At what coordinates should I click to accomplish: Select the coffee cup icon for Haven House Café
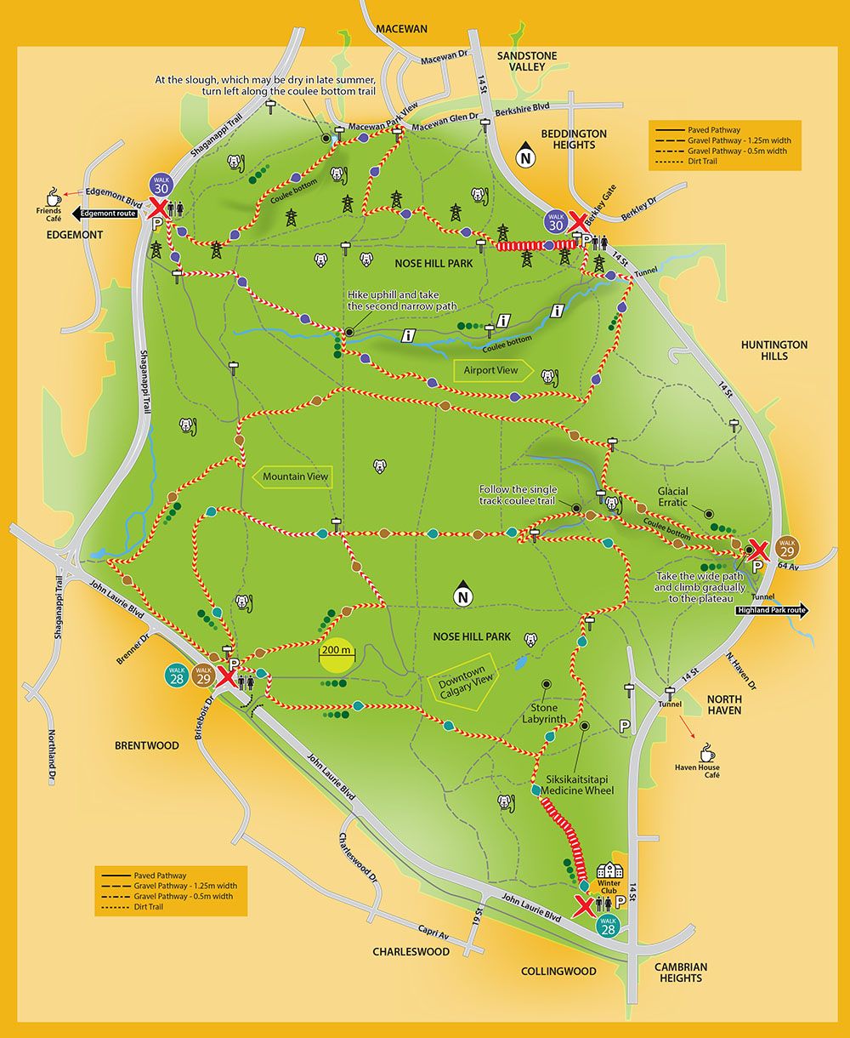click(x=706, y=752)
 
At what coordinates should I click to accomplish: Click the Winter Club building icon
click(x=609, y=871)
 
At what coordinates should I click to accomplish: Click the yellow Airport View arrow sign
click(x=492, y=370)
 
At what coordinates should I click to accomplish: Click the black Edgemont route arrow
click(x=105, y=214)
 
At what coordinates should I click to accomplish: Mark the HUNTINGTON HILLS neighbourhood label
click(x=773, y=351)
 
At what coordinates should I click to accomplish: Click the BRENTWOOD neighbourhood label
click(x=147, y=745)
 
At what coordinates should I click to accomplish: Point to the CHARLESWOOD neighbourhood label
click(x=411, y=952)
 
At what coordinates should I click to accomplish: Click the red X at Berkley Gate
click(x=577, y=222)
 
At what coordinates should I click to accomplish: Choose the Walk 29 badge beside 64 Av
click(x=786, y=547)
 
